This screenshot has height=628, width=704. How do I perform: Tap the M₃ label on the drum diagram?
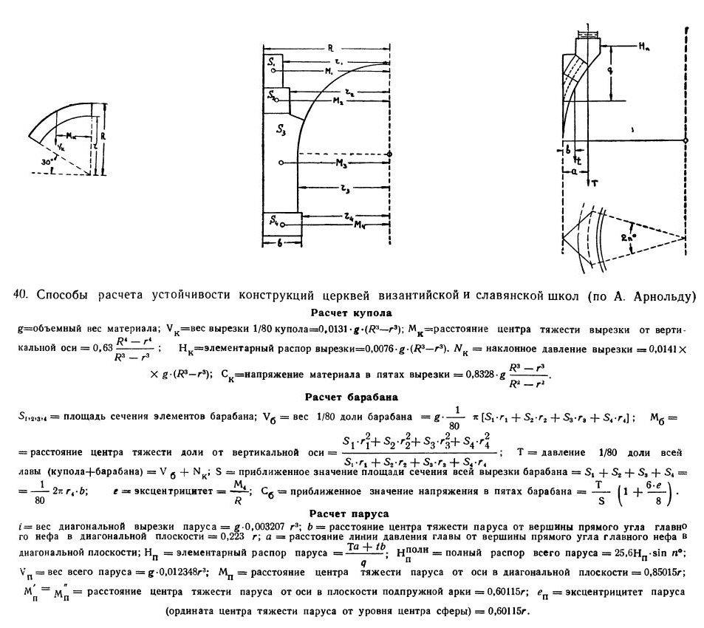point(342,162)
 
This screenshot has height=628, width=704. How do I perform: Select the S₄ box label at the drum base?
point(275,219)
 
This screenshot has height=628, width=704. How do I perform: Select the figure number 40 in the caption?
point(21,296)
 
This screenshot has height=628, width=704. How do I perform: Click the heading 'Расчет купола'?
point(351,313)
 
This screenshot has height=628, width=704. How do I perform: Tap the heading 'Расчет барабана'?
point(351,396)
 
